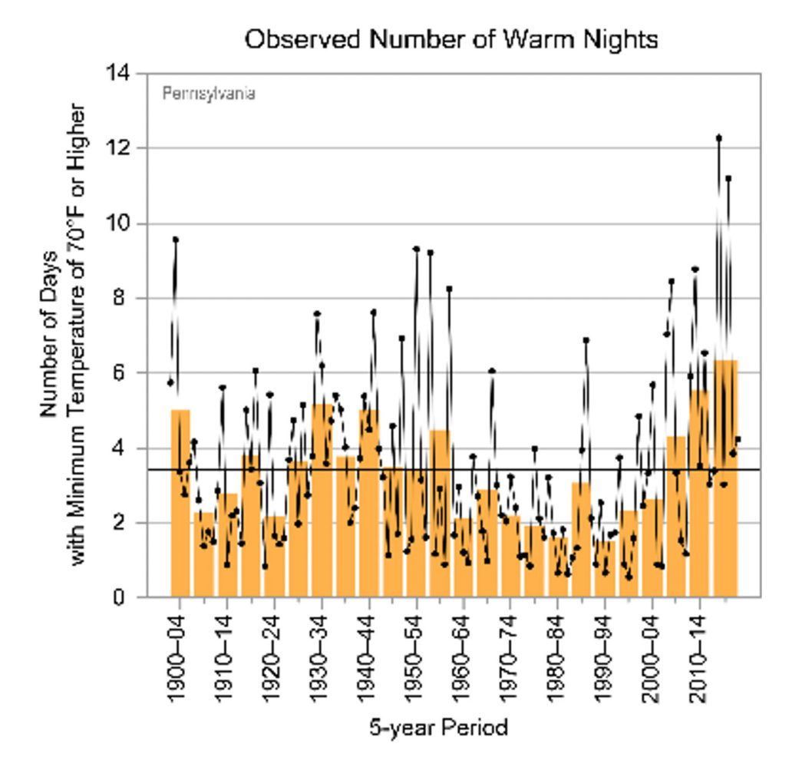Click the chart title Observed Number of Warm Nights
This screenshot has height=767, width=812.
click(451, 39)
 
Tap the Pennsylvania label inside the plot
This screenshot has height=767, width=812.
click(209, 94)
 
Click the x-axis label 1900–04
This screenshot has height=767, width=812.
click(179, 657)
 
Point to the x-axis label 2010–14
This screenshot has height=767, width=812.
click(698, 657)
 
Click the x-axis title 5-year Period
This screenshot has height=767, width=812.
click(438, 726)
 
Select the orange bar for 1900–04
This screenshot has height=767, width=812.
click(180, 507)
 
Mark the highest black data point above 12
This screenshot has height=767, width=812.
click(719, 138)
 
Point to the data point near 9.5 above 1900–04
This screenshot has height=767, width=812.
click(176, 240)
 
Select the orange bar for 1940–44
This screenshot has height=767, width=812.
click(369, 507)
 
